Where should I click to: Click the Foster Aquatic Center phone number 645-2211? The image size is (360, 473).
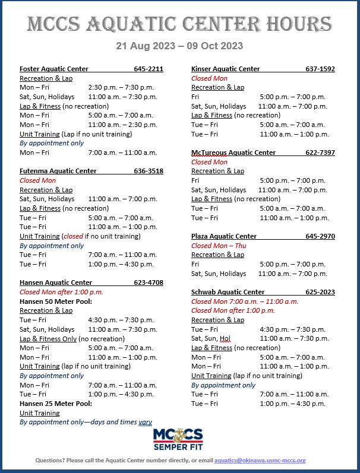[148, 69]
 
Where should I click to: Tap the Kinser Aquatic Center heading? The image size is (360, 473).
[226, 69]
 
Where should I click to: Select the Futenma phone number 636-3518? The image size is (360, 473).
[149, 171]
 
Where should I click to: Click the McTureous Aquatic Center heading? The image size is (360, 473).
[233, 153]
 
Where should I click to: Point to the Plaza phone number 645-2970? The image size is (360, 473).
[320, 236]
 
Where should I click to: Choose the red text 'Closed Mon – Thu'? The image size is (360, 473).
[219, 246]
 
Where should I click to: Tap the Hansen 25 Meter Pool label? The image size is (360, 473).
[56, 404]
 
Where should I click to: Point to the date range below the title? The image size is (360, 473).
[179, 46]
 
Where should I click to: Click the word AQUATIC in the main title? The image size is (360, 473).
[138, 24]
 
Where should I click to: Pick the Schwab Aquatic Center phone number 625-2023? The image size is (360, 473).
[320, 292]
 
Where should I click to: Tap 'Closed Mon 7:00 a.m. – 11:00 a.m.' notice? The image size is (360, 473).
[245, 301]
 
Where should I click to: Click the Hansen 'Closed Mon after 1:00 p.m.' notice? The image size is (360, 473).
[61, 292]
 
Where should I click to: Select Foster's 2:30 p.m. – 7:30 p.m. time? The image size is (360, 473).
[121, 87]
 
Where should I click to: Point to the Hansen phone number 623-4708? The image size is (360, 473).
[149, 282]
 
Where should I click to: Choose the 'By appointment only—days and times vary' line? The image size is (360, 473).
[86, 422]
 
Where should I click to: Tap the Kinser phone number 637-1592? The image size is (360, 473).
[320, 69]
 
